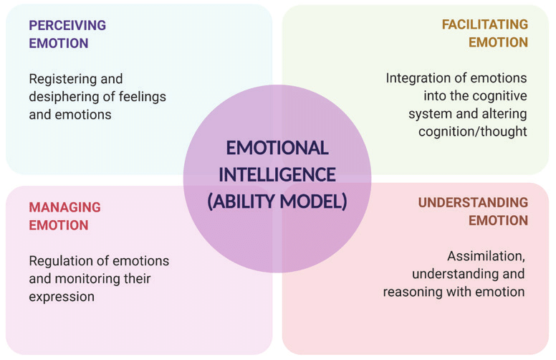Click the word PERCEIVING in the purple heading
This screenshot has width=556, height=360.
(x=67, y=25)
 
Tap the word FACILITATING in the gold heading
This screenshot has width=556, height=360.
(x=485, y=24)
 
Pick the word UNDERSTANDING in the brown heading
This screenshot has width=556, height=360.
(x=473, y=202)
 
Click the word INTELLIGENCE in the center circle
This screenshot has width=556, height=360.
(x=277, y=174)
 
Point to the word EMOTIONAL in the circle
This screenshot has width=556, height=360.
(x=277, y=148)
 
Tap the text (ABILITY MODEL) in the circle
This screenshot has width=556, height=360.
(x=277, y=202)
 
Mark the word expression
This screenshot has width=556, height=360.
(x=62, y=295)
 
